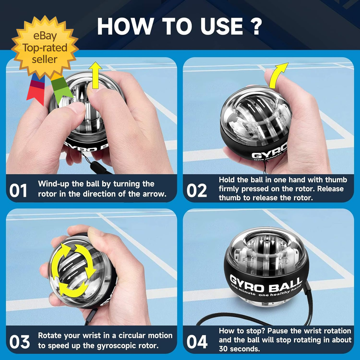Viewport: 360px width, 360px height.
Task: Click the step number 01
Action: pyautogui.click(x=18, y=190)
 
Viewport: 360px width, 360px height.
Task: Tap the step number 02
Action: pyautogui.click(x=197, y=190)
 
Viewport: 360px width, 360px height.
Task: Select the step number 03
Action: pyautogui.click(x=19, y=342)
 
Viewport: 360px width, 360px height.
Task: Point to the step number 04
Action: pyautogui.click(x=197, y=342)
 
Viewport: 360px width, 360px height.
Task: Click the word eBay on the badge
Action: pyautogui.click(x=45, y=36)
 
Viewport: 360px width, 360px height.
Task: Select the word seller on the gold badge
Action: pyautogui.click(x=45, y=59)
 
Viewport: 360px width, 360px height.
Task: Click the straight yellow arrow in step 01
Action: pyautogui.click(x=95, y=75)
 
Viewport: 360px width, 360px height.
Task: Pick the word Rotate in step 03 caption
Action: pyautogui.click(x=50, y=336)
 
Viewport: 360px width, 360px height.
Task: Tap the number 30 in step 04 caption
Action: pyautogui.click(x=223, y=349)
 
